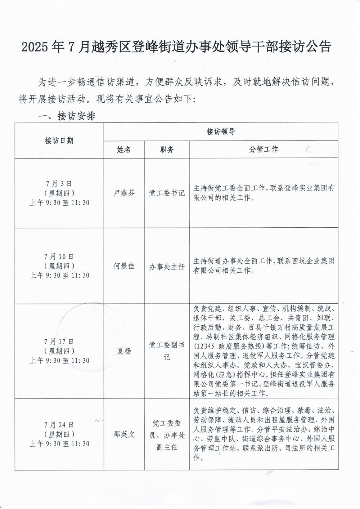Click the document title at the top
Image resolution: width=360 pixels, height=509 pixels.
pyautogui.click(x=176, y=47)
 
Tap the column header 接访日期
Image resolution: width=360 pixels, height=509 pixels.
pyautogui.click(x=59, y=140)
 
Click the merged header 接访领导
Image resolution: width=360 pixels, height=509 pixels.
pyautogui.click(x=221, y=131)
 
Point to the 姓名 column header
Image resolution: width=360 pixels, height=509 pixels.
pyautogui.click(x=124, y=149)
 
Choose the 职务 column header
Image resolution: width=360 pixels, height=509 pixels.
pyautogui.click(x=167, y=149)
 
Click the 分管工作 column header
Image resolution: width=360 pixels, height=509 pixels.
pyautogui.click(x=264, y=149)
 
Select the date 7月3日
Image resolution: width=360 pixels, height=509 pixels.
pyautogui.click(x=59, y=184)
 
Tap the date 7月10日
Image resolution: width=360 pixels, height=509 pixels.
pyautogui.click(x=59, y=256)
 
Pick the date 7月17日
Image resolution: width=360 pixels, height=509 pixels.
pyautogui.click(x=59, y=341)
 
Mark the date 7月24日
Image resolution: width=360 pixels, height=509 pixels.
pyautogui.click(x=59, y=425)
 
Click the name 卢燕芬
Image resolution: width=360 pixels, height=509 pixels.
pyautogui.click(x=124, y=193)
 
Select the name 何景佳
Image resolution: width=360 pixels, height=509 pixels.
pyautogui.click(x=124, y=266)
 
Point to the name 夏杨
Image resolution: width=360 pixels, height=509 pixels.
pyautogui.click(x=124, y=351)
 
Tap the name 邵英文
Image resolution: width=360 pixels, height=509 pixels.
pyautogui.click(x=124, y=434)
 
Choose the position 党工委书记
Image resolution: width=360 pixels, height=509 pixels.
pyautogui.click(x=167, y=193)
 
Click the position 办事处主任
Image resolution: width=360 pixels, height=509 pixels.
pyautogui.click(x=167, y=267)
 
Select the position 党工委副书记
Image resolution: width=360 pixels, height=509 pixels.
pyautogui.click(x=167, y=351)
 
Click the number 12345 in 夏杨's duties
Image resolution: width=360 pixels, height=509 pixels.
pyautogui.click(x=204, y=347)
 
